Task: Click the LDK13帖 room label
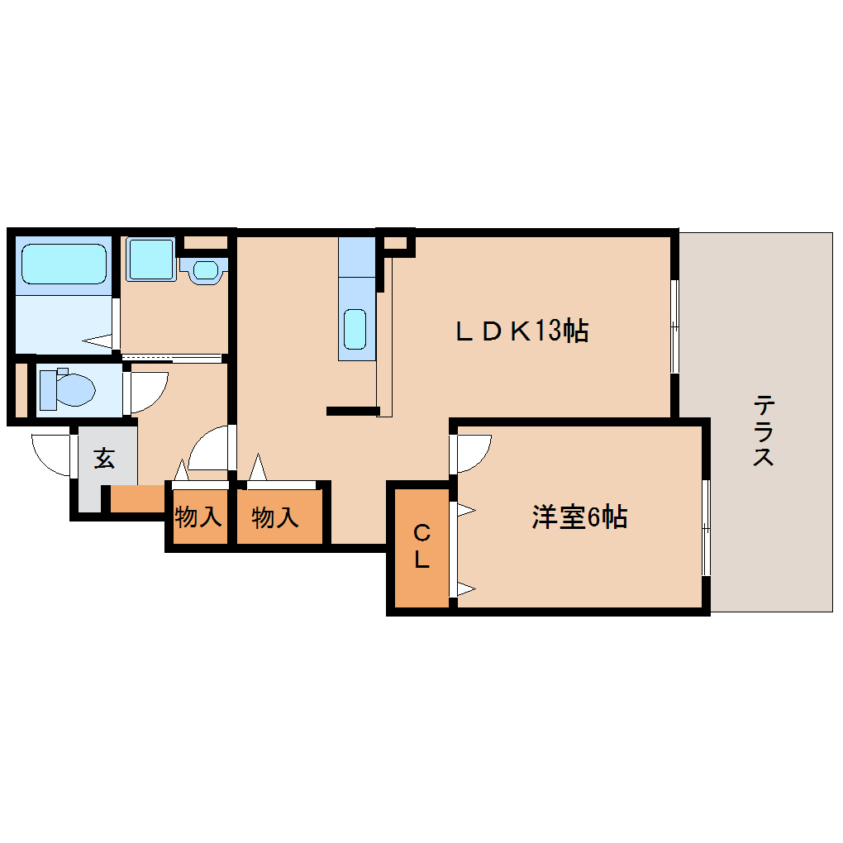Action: pos(522,331)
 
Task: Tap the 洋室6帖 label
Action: pos(579,517)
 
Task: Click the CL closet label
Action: pos(421,545)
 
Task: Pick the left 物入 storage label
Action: pos(198,518)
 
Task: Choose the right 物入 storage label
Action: pos(275,518)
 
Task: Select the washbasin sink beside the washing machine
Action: pos(204,269)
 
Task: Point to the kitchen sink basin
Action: pos(355,329)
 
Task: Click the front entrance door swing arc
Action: pos(52,455)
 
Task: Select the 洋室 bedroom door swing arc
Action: pos(472,451)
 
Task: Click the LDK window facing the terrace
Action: pos(674,326)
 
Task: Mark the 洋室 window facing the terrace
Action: pos(706,527)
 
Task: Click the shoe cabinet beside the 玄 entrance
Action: pos(137,498)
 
